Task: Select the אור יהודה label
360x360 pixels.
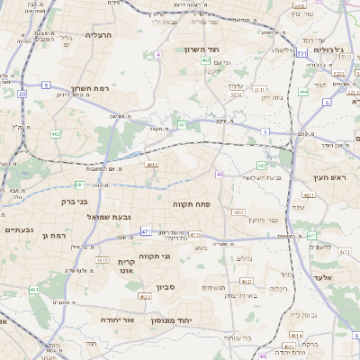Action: (116, 319)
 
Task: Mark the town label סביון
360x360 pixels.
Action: (165, 287)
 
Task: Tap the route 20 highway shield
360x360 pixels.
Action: (22, 93)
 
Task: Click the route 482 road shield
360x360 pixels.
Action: (56, 133)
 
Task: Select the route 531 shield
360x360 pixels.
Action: (343, 56)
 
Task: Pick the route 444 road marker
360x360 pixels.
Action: (303, 91)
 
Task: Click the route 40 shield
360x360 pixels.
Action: (220, 175)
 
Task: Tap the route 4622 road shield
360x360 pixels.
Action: (145, 296)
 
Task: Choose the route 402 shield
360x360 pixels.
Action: (206, 61)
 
